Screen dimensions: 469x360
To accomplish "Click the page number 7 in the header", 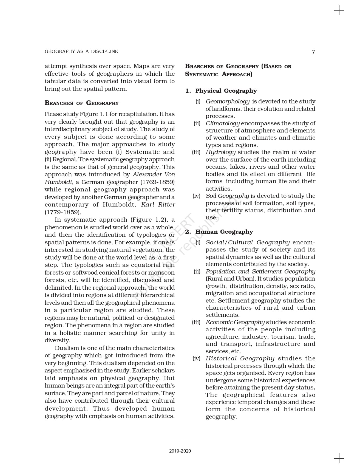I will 314,52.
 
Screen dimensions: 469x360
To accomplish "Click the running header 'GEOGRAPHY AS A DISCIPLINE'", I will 81,51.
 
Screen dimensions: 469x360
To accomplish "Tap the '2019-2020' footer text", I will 180,451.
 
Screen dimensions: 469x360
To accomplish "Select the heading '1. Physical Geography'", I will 221,91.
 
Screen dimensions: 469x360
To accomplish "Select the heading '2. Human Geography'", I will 219,232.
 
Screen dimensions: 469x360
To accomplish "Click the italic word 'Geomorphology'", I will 228,101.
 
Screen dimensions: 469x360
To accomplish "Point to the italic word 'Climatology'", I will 223,123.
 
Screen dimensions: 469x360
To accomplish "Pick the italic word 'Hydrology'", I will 220,152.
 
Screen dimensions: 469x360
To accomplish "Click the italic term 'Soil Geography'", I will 227,196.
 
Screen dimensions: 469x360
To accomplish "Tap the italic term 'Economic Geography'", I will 235,322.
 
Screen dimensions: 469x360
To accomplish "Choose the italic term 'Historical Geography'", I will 240,358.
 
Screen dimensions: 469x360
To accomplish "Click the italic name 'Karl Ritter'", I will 158,205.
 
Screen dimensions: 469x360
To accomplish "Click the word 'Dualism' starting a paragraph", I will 66,348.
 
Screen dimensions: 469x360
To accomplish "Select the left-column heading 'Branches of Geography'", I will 82,103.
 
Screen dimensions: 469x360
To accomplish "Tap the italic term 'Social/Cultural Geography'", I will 248,242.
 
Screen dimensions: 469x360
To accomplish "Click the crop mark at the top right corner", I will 339,10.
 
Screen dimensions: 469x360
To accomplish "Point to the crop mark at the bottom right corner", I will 339,458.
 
